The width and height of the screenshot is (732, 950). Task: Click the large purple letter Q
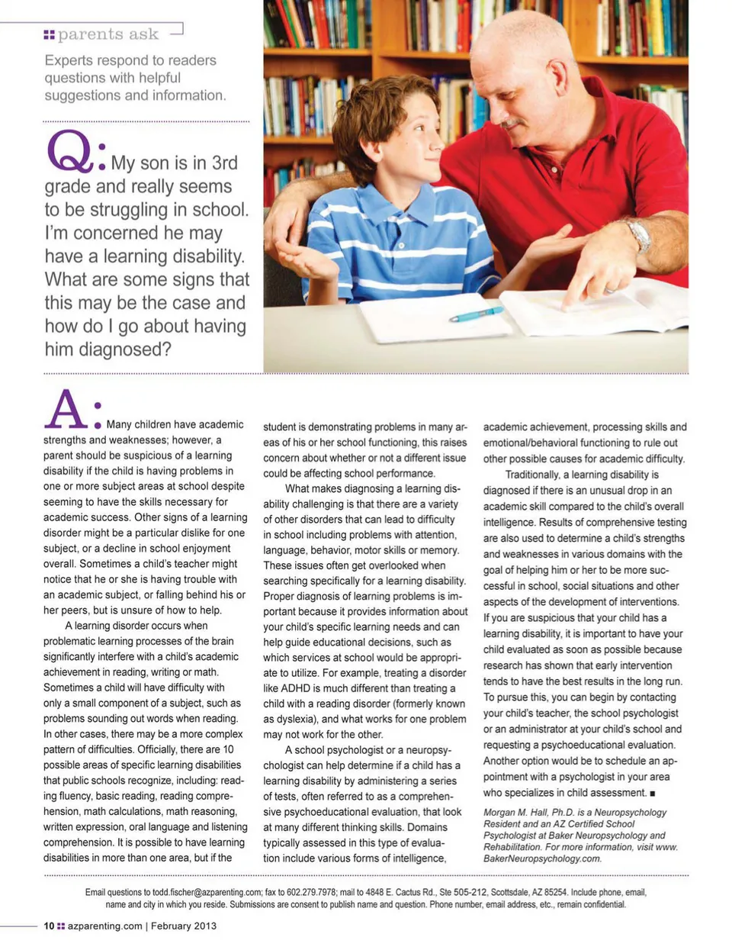coord(69,152)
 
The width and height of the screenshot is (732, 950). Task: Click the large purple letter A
coord(66,411)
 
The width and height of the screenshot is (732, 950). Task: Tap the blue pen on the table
coord(476,313)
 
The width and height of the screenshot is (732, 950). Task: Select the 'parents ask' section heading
coord(108,34)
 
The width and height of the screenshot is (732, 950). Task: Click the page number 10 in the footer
coord(49,926)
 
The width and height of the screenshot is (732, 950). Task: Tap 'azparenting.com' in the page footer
coord(104,926)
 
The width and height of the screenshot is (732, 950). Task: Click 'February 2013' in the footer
coord(183,926)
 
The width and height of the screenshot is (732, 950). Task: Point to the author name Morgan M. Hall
coord(516,813)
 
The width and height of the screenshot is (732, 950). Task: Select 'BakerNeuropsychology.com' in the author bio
coord(542,858)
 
